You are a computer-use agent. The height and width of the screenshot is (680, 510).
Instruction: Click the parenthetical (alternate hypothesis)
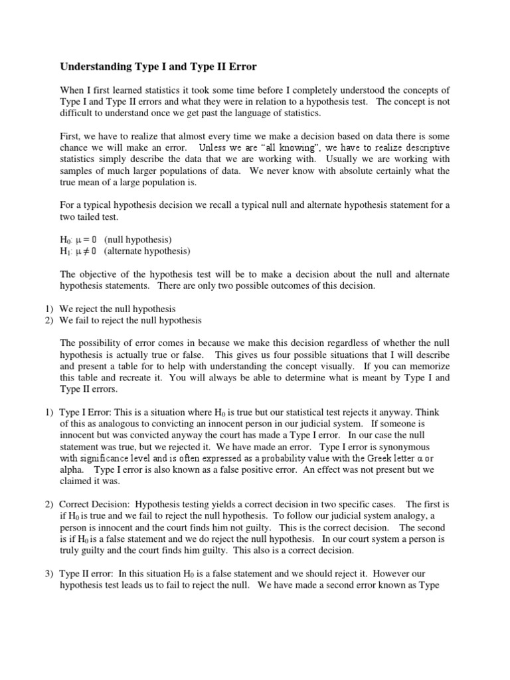click(x=147, y=251)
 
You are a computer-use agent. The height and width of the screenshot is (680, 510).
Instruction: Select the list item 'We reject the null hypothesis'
click(x=118, y=309)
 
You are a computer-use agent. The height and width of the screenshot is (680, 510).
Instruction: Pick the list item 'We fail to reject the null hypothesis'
click(x=130, y=320)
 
